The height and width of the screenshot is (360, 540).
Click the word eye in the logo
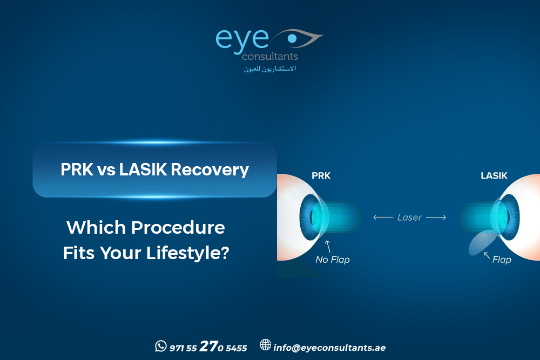242,40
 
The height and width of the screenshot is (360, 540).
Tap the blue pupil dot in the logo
292,38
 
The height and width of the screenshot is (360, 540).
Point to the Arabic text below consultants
270,69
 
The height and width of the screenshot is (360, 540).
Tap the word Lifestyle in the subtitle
186,253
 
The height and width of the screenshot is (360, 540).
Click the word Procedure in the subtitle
178,227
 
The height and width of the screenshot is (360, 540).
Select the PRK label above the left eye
321,176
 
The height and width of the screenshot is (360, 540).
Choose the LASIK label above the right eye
494,176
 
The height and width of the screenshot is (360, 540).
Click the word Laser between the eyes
410,217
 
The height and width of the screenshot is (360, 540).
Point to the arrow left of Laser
383,218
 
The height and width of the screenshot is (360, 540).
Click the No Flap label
333,260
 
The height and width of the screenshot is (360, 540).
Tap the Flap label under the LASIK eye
502,260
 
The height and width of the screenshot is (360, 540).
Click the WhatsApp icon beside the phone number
160,346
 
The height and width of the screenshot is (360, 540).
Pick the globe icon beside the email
265,345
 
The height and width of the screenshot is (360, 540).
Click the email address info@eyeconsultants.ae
329,348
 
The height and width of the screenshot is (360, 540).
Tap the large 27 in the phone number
208,347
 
